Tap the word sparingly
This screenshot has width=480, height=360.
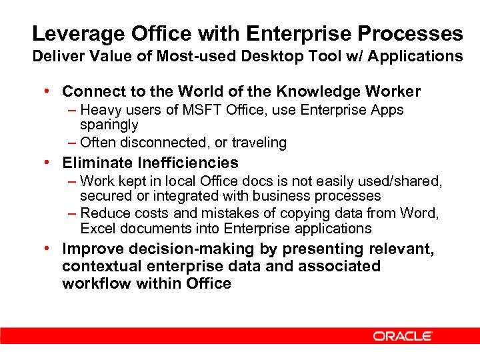[x=109, y=125]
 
